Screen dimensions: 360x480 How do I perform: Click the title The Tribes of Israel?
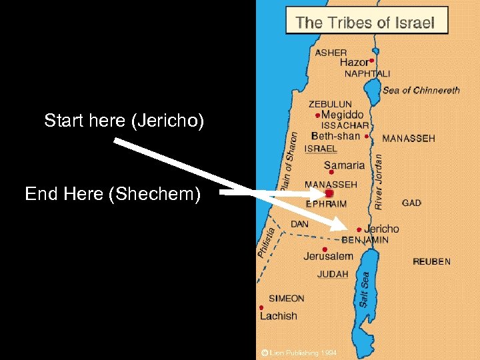[365, 23]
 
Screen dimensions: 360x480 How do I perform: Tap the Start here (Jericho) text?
[124, 121]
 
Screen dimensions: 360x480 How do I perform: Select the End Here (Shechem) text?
[113, 194]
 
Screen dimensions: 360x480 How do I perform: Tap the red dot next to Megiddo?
[317, 115]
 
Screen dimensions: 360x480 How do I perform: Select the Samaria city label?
[344, 165]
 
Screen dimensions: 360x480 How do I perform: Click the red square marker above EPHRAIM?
[329, 193]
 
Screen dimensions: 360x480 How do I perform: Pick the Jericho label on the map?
[381, 229]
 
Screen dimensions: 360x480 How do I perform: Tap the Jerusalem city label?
[328, 256]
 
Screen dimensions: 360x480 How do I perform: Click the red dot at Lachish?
[261, 307]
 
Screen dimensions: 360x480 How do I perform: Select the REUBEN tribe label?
[431, 261]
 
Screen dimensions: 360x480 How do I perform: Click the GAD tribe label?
[411, 203]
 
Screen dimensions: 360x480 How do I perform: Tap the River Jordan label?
[379, 178]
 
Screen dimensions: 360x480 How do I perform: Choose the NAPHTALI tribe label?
[367, 74]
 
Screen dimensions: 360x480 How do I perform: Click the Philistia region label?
[266, 243]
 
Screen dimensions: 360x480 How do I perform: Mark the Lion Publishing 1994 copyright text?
[299, 352]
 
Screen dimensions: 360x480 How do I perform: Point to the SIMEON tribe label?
[286, 299]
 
